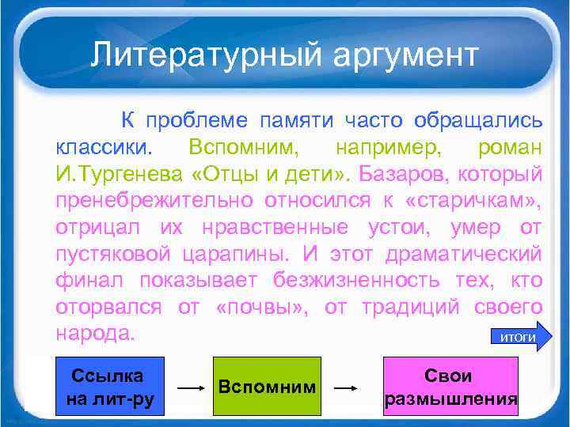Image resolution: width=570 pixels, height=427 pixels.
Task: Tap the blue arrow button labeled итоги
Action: (x=519, y=337)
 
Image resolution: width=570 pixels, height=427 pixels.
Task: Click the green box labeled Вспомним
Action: (x=267, y=386)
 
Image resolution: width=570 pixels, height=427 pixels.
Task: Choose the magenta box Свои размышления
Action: (x=450, y=386)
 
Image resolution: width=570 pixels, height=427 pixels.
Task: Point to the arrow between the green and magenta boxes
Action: (x=348, y=388)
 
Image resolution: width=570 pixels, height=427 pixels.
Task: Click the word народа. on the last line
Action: (x=93, y=333)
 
